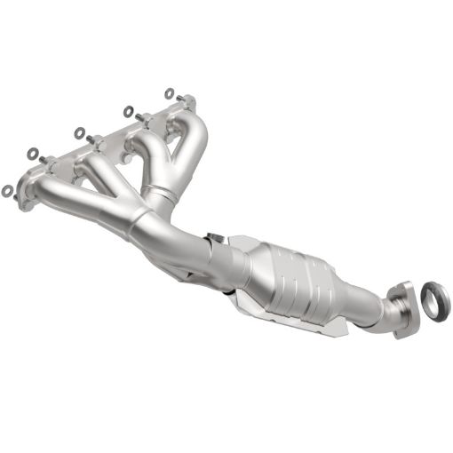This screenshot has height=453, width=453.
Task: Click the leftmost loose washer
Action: pos(8,189)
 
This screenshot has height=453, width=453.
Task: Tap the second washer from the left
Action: pos(33,153)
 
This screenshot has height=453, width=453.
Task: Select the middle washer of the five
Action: pos(79,132)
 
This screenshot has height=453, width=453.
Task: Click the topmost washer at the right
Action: pos(170,91)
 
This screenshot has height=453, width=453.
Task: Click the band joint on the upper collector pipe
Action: pos(158,195)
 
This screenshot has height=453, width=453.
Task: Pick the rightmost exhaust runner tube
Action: pos(195,147)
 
